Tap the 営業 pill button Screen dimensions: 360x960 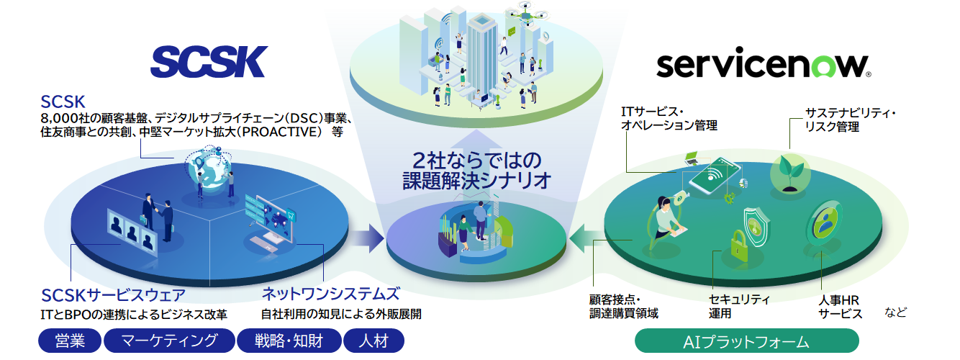(69, 341)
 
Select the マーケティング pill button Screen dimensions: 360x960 (169, 341)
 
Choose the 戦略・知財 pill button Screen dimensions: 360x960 (288, 341)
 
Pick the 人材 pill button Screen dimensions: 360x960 (373, 341)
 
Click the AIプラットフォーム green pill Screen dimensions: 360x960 (747, 341)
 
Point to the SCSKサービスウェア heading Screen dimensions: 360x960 (113, 295)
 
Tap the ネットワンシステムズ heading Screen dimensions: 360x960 (330, 294)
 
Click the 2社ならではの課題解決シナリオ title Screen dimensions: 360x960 (476, 170)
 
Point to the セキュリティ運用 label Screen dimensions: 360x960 (739, 306)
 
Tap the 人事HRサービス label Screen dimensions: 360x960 (841, 306)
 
